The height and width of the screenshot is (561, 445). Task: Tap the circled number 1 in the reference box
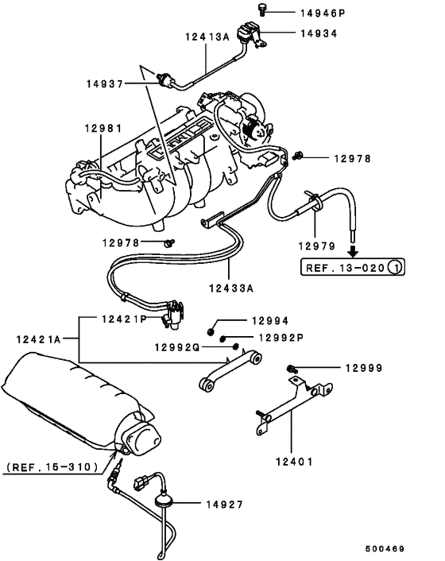[x=395, y=268]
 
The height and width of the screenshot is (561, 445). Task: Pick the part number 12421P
[x=123, y=319]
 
